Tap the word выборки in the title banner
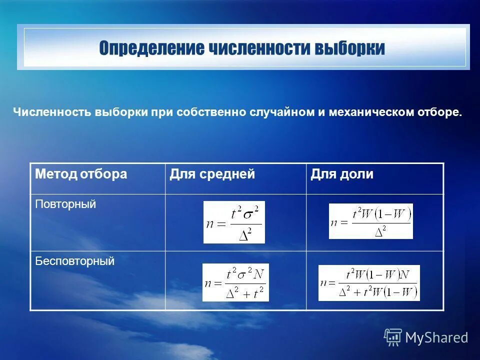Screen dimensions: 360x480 click(349, 48)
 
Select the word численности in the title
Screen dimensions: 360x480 click(260, 48)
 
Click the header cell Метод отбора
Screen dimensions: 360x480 click(81, 174)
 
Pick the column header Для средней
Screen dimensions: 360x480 click(212, 174)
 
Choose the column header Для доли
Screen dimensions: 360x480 click(342, 174)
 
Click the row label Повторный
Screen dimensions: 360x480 click(65, 204)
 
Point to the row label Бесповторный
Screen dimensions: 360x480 click(75, 261)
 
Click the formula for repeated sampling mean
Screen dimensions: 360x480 click(234, 222)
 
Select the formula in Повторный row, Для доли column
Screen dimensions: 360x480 click(371, 221)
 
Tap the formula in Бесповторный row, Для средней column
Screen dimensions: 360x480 click(235, 282)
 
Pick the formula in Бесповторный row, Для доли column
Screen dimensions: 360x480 click(369, 283)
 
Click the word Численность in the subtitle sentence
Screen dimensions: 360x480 click(51, 112)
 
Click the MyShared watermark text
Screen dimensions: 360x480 click(436, 338)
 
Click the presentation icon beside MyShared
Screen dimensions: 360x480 click(393, 337)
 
